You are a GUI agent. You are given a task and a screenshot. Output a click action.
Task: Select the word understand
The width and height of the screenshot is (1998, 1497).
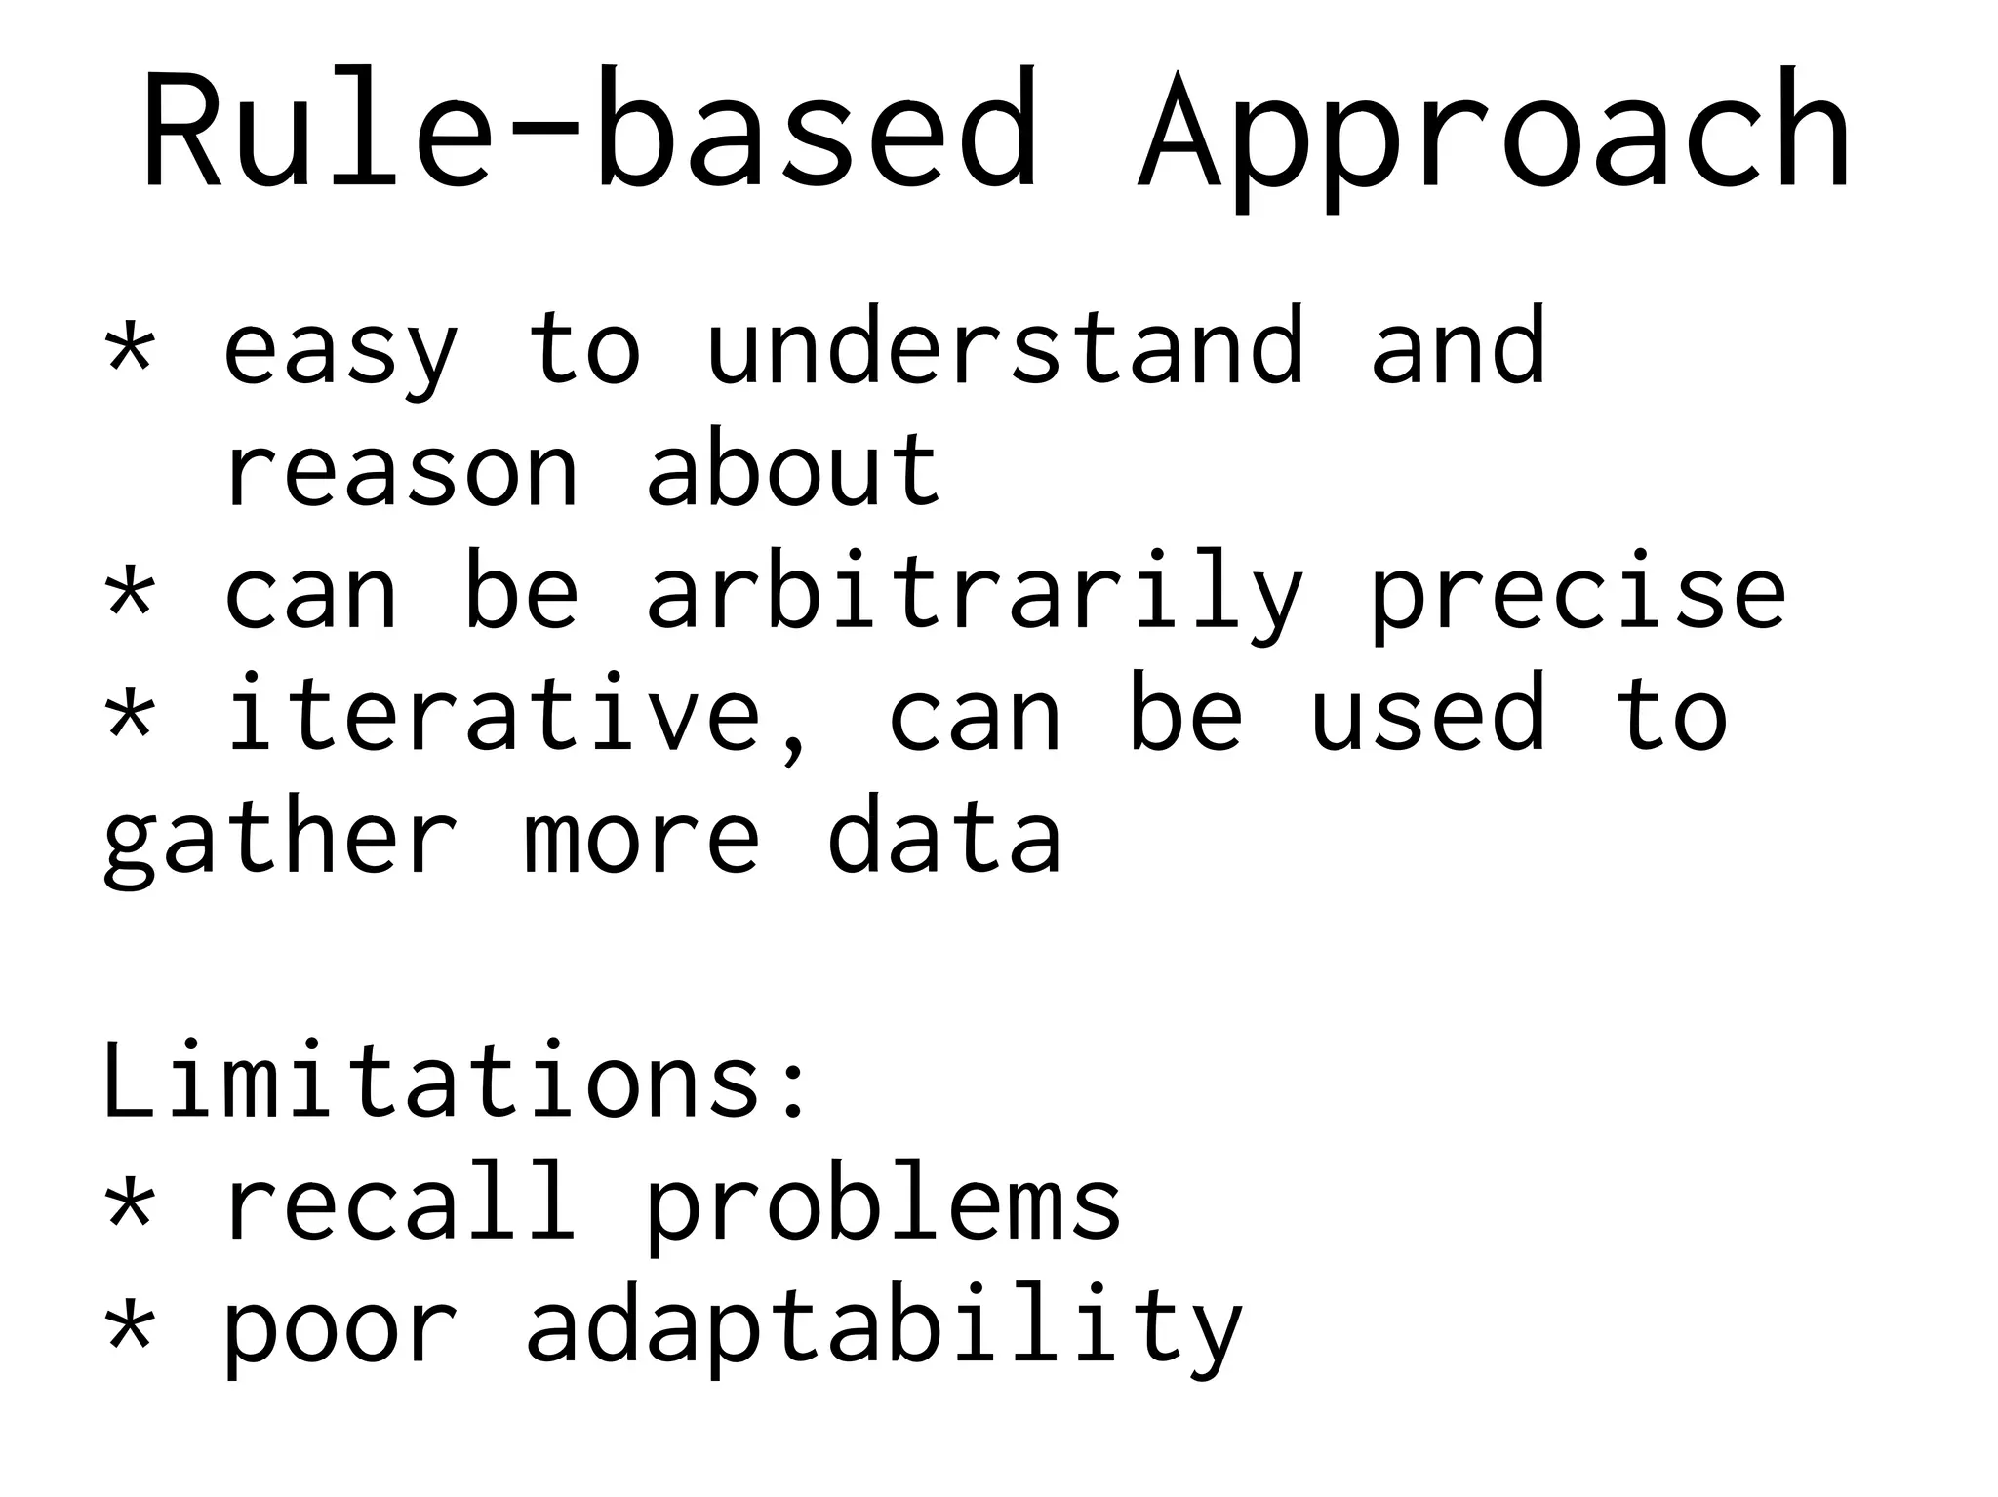point(1005,346)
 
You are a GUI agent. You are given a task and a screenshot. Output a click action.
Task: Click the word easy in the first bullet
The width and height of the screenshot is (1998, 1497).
point(341,351)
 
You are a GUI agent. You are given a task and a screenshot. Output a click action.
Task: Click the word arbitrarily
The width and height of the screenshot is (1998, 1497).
point(976,595)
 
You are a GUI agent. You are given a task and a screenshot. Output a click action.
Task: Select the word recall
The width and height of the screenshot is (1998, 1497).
point(400,1204)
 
